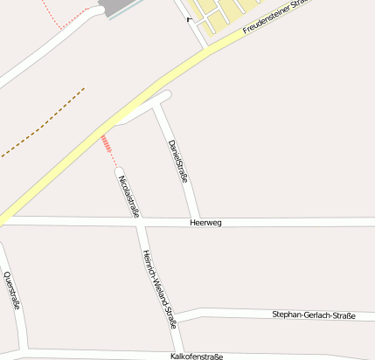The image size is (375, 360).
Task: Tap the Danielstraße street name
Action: [177, 159]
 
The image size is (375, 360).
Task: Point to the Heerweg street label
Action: [205, 223]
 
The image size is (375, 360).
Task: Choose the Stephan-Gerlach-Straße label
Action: [314, 315]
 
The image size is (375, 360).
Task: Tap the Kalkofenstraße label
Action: [197, 357]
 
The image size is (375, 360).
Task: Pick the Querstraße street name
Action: [11, 291]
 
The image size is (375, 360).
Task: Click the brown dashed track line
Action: [44, 122]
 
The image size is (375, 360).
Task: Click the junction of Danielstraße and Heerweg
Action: [197, 219]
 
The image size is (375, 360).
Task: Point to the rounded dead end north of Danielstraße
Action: [167, 93]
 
